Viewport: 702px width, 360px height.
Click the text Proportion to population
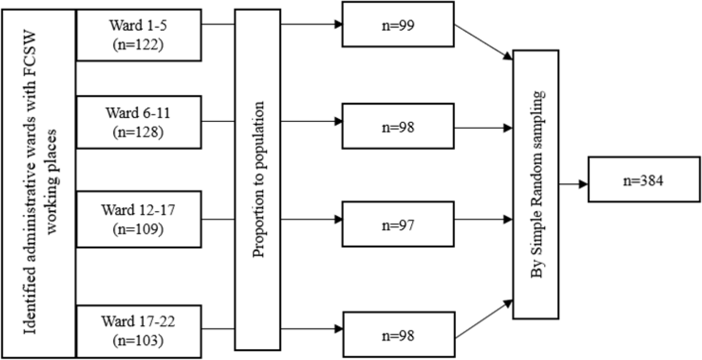point(258,185)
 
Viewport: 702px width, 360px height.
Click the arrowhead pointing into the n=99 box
point(338,24)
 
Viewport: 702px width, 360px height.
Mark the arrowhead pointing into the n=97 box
point(338,220)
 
